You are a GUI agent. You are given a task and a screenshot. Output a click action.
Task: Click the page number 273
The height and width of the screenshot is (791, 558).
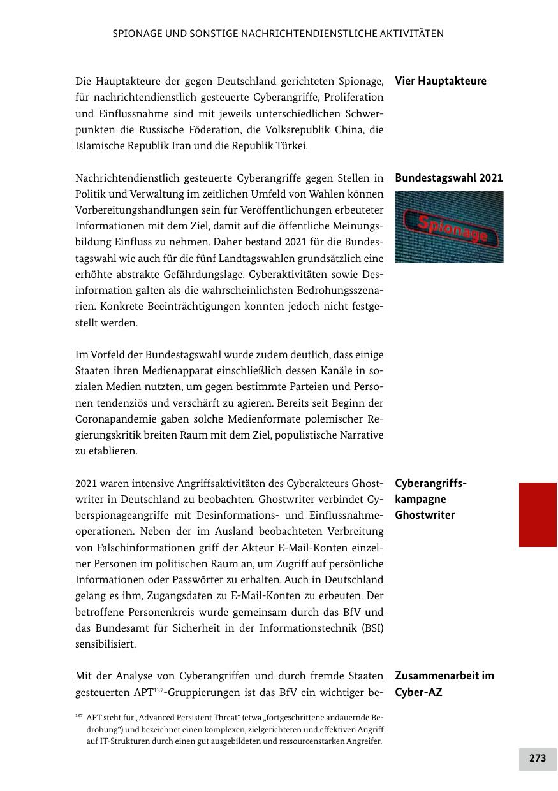coord(537,758)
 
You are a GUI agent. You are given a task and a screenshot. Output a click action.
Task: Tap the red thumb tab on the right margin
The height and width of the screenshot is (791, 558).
coord(538,514)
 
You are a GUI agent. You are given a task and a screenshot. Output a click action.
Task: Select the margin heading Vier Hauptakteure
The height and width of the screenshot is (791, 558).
coord(440,82)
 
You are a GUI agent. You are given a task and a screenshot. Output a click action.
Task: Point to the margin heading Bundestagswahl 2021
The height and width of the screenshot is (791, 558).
coord(448,178)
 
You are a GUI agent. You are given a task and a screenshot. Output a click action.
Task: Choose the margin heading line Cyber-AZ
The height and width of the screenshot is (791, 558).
coord(418,692)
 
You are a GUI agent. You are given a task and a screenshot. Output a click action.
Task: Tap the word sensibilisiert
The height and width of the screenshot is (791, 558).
coord(105,644)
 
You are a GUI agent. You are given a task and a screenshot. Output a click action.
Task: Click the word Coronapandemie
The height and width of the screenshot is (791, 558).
coord(115,419)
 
